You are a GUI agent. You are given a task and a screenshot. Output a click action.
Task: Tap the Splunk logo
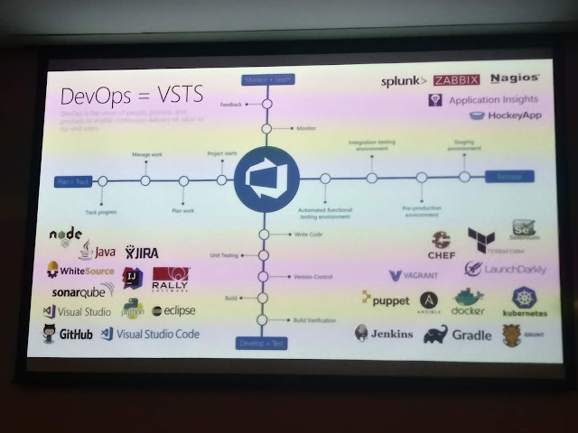[x=403, y=80]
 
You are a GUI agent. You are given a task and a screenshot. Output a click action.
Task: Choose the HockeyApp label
[x=500, y=117]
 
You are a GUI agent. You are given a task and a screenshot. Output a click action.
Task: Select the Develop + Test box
[x=263, y=343]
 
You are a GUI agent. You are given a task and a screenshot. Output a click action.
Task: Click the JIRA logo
[x=144, y=252]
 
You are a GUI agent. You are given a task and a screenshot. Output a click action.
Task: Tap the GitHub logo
[x=68, y=335]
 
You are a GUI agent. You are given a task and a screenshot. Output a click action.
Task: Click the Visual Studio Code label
[x=150, y=334]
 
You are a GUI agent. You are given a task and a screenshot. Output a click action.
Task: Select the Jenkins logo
[x=384, y=334]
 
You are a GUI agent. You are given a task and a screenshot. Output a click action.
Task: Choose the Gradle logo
[x=461, y=335]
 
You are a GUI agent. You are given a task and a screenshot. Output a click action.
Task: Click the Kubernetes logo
[x=525, y=304]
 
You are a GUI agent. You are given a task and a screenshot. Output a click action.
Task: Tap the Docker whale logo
[x=468, y=302]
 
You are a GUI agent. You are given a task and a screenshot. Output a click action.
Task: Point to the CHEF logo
[x=442, y=245]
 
